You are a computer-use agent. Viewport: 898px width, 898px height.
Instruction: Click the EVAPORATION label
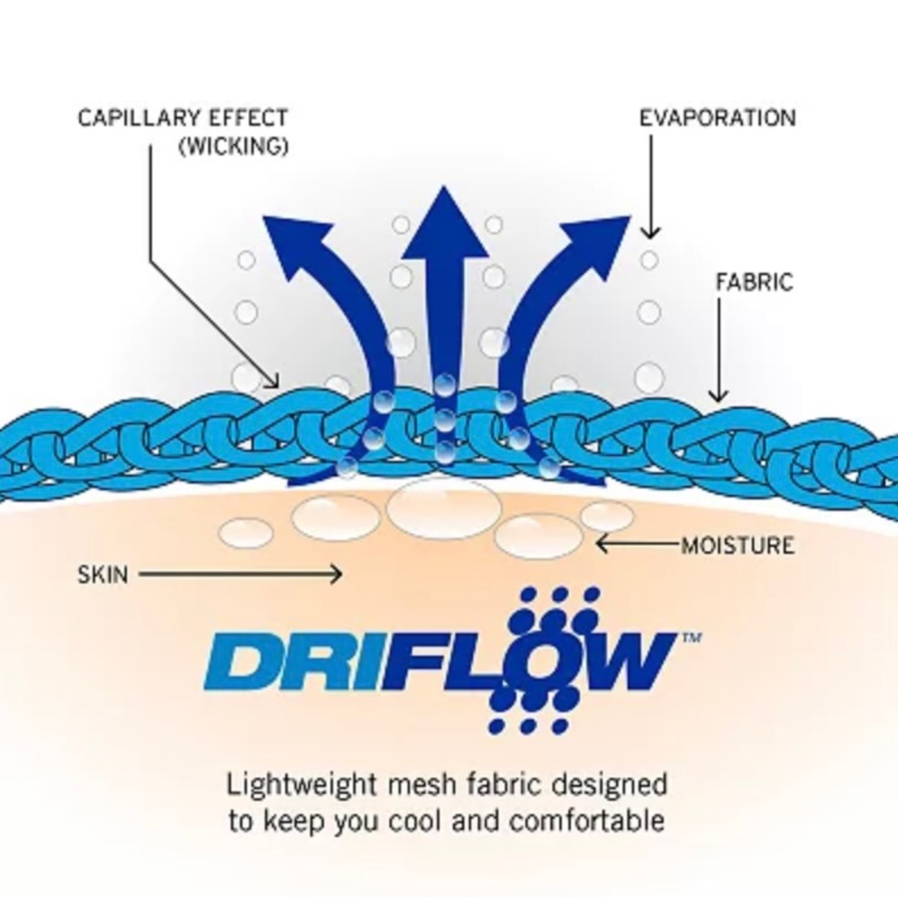[717, 118]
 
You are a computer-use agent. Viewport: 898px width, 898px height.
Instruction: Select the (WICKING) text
[233, 146]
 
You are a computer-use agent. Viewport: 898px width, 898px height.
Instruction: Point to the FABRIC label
[755, 282]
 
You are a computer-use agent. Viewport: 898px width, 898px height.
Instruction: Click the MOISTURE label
[737, 545]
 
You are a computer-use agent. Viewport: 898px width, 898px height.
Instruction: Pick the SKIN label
[103, 575]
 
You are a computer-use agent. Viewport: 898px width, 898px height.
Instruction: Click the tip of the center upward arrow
[444, 187]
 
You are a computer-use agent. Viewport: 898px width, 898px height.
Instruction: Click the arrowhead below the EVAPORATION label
[650, 233]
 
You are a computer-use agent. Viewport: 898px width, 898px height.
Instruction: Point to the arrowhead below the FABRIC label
[718, 396]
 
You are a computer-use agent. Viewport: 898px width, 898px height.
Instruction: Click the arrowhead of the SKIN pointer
[338, 574]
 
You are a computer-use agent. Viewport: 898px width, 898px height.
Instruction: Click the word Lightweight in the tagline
[301, 785]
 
